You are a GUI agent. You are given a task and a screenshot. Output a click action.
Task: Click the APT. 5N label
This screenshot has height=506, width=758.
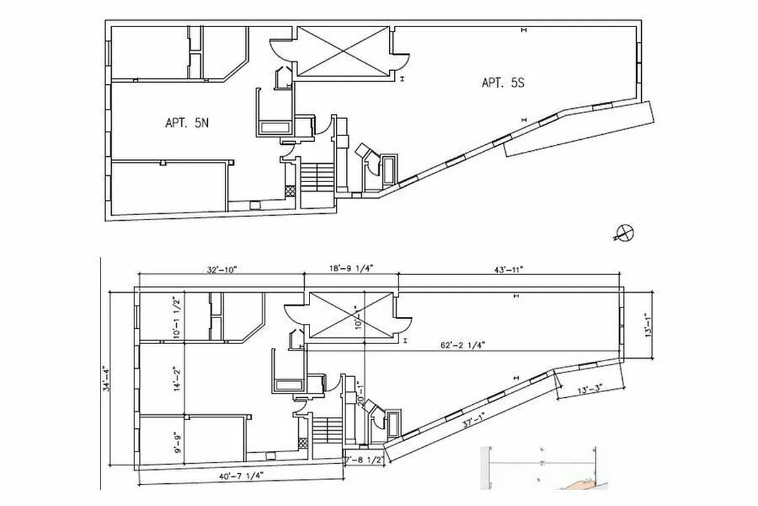pos(186,123)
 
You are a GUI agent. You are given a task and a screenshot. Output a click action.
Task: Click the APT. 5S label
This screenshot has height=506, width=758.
pos(503,83)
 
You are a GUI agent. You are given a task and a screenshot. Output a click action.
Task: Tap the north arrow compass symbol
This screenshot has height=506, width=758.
pos(623,233)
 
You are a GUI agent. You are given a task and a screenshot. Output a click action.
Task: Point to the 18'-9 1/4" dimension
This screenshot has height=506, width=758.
pos(351,269)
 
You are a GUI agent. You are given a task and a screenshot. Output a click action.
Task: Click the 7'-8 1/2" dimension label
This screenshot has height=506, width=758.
pos(363,460)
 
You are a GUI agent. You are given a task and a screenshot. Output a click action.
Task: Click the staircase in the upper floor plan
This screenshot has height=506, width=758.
pos(315,176)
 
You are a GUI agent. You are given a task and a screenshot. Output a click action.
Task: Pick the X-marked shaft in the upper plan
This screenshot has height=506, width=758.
pos(342,53)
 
